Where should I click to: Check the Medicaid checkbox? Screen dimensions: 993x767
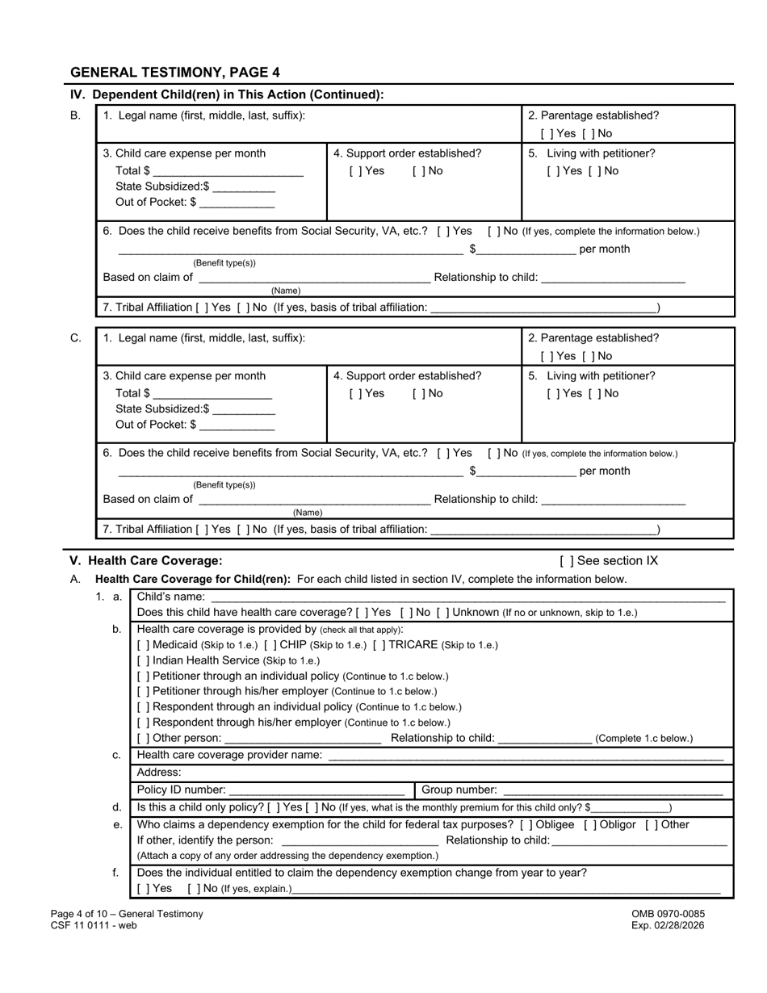[x=143, y=645]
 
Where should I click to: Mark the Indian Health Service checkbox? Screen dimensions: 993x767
[x=143, y=660]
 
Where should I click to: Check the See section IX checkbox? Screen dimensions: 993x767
[x=566, y=561]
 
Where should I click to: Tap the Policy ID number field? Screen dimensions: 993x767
[x=316, y=790]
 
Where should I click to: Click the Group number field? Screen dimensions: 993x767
[x=612, y=790]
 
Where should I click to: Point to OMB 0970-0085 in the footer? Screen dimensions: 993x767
[x=668, y=914]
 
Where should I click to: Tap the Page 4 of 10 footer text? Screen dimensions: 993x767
[x=127, y=914]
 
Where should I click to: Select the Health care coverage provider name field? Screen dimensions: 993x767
[x=525, y=756]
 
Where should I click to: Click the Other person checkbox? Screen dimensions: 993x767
[x=143, y=739]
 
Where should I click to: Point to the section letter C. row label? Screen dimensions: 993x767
[x=76, y=338]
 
